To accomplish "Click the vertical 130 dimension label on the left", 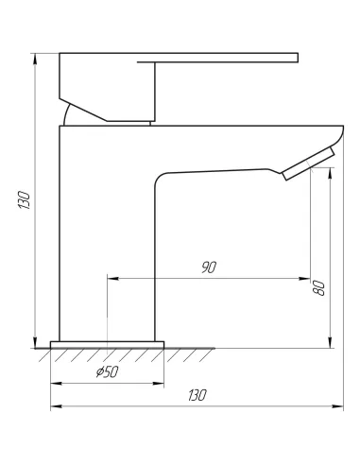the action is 25,199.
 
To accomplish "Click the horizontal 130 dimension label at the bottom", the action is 197,395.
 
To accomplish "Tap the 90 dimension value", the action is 209,267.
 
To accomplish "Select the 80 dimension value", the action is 319,287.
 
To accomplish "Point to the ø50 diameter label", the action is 107,372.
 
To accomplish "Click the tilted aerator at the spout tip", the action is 308,164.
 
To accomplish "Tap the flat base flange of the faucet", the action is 107,345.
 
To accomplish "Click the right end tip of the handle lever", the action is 298,58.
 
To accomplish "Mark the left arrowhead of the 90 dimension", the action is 112,279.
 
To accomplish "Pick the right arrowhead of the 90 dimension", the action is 305,279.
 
